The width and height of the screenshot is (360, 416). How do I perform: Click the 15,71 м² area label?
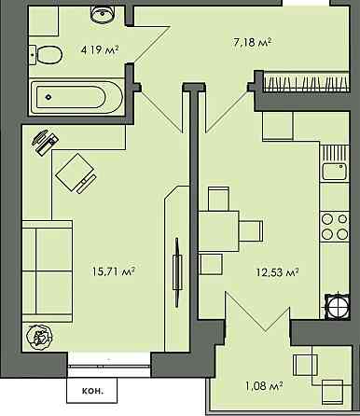pos(114,271)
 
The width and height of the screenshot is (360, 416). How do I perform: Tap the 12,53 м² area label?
pos(277,272)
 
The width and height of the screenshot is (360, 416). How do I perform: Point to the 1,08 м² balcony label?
pos(264,386)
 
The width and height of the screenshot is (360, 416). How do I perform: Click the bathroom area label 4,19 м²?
pos(100,49)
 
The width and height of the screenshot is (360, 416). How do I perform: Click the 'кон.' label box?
pos(92,391)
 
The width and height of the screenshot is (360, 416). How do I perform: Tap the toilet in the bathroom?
pos(46,55)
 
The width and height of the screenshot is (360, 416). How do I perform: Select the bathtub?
pos(76,97)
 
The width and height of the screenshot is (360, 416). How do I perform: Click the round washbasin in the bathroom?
pos(103,14)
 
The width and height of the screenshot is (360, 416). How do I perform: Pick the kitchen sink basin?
pos(335,172)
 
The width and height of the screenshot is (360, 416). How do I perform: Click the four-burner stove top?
pos(335,227)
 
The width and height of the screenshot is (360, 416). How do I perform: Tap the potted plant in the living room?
pos(39,336)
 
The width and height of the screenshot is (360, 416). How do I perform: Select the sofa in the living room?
pos(48,270)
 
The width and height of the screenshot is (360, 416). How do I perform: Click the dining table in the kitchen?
pos(218,231)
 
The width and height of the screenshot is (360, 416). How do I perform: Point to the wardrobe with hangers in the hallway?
pos(306,82)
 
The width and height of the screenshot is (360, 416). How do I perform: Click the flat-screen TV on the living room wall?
pos(177,272)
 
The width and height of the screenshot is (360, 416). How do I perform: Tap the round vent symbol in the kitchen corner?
pos(337,306)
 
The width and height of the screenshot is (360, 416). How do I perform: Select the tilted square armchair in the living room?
pos(76,172)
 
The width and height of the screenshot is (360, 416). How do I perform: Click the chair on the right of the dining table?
pos(251,231)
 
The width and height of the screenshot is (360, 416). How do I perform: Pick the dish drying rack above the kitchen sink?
pos(335,153)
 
